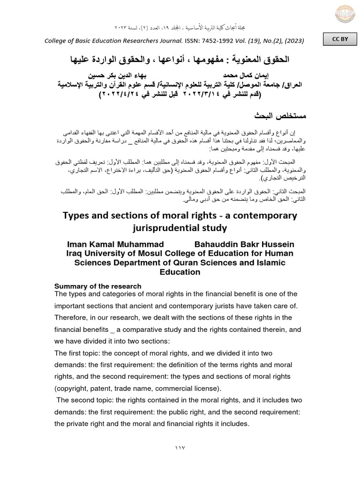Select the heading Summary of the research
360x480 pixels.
pos(98,286)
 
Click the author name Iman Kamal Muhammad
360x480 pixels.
pos(116,244)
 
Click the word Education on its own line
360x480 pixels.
pos(180,272)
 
